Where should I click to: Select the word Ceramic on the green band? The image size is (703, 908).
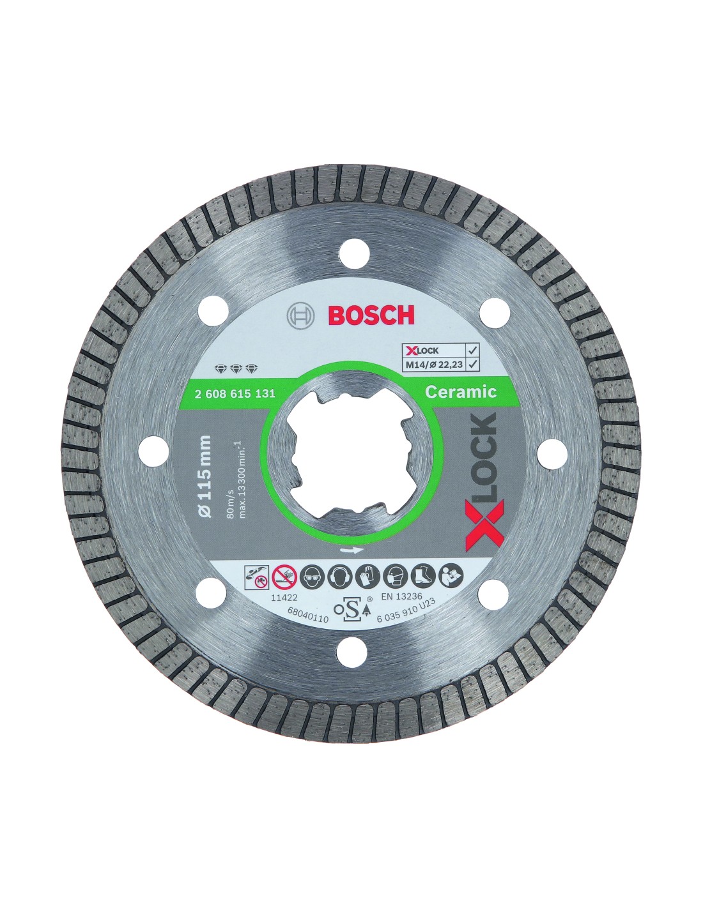460,391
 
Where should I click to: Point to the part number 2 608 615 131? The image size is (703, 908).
235,393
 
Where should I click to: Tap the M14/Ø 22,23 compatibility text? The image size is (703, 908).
433,364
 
